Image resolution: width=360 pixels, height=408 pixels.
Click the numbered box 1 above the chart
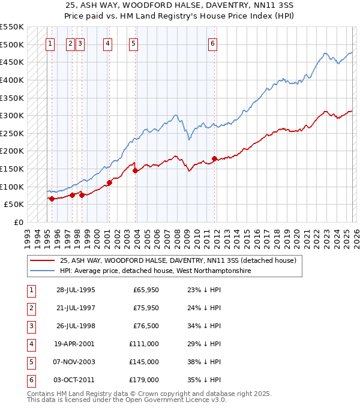[50, 43]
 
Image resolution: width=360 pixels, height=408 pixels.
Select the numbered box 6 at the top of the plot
[212, 43]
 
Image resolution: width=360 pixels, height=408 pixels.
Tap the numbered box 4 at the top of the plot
[107, 43]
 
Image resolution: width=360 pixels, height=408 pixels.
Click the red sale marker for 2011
[215, 158]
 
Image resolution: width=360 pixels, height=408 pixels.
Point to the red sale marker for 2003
[136, 171]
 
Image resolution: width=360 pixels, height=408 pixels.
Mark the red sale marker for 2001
[109, 182]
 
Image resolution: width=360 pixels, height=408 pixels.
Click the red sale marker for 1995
[52, 199]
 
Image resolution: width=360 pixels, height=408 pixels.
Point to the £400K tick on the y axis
[12, 80]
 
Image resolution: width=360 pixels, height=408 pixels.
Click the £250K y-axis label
[12, 133]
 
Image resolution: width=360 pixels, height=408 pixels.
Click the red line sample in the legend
[43, 261]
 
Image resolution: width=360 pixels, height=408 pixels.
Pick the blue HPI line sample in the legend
[43, 271]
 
